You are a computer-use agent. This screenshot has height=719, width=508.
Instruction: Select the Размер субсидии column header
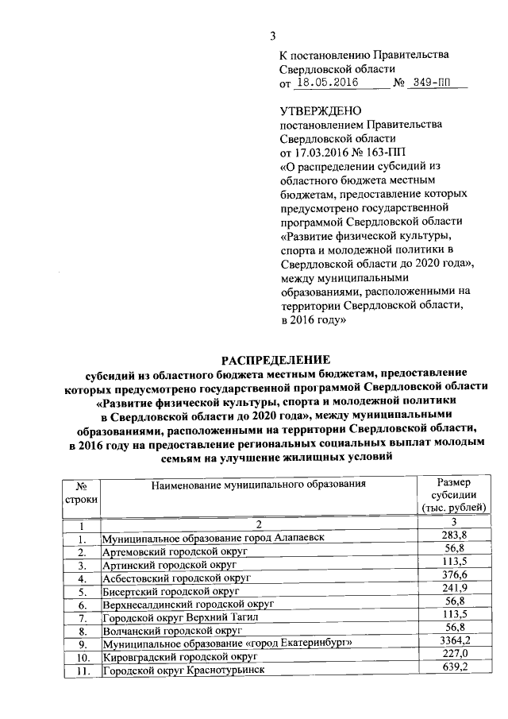454,495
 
